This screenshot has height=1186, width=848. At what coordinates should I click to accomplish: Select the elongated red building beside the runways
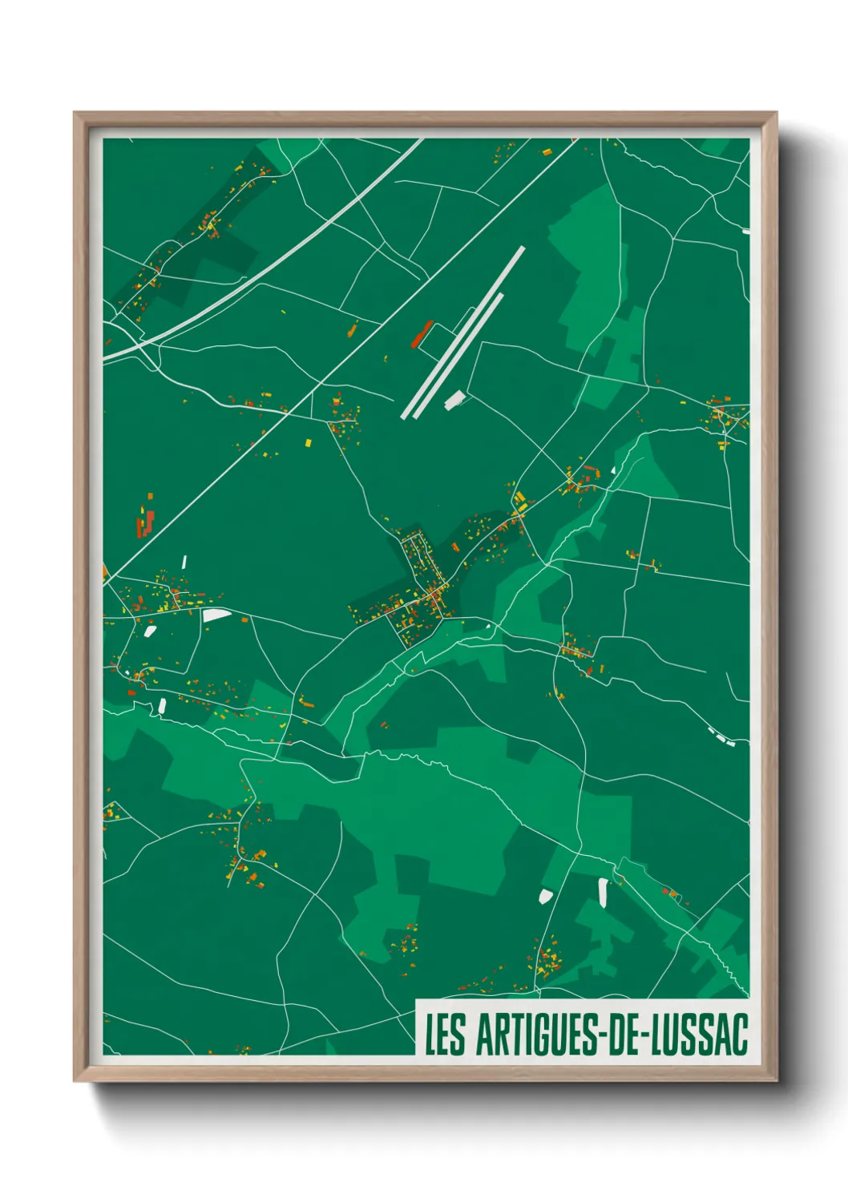(422, 334)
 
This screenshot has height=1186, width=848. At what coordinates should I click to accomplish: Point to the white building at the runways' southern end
(454, 399)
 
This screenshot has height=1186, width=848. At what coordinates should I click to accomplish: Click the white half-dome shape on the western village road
(216, 615)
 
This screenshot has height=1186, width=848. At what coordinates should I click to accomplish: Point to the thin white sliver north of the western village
(184, 562)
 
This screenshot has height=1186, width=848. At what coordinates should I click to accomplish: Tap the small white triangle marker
(614, 470)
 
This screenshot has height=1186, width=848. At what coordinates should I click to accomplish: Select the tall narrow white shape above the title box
(603, 892)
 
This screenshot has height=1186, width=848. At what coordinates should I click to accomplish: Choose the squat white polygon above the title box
(547, 895)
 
